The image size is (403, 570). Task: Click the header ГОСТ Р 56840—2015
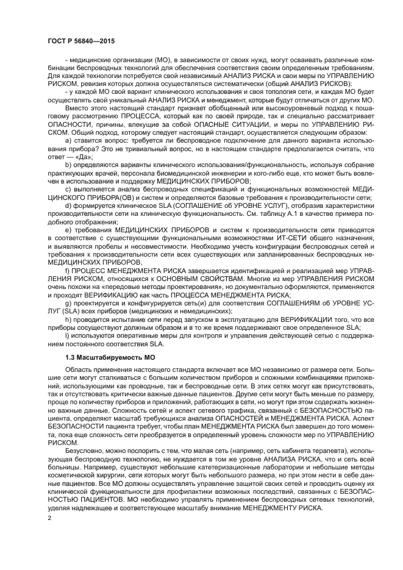tap(80, 41)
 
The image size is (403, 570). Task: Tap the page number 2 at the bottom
tap(49, 518)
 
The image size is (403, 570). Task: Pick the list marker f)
tap(67, 269)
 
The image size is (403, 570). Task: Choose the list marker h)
tap(68, 319)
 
